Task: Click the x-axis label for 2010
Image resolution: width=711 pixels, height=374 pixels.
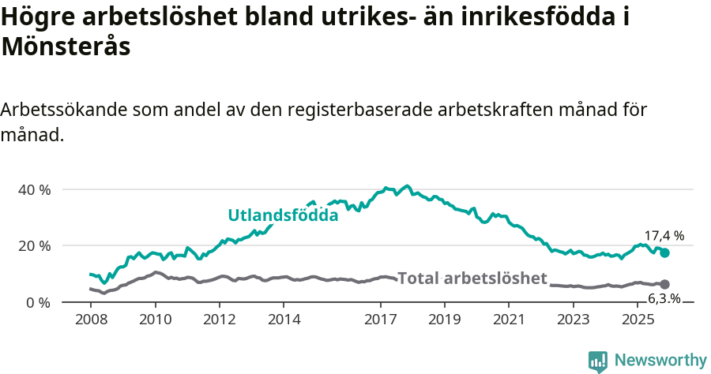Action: [x=155, y=320]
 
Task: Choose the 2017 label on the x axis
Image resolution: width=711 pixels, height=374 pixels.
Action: [x=381, y=320]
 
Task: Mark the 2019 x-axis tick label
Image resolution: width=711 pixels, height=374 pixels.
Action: [x=445, y=320]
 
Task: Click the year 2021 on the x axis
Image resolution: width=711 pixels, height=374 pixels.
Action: [x=510, y=320]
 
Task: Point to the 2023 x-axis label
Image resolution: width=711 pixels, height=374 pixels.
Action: [x=574, y=320]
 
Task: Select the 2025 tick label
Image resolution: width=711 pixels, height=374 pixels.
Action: [x=638, y=320]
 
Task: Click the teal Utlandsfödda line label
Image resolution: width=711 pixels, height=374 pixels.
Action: [x=283, y=215]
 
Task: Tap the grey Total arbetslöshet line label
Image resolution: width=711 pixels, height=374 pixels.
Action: [x=472, y=278]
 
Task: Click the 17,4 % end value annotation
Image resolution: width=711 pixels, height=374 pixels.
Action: [x=664, y=235]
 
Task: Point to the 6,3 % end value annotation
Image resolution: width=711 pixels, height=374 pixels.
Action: [x=664, y=298]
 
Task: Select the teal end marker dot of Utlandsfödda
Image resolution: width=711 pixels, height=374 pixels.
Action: [x=665, y=252]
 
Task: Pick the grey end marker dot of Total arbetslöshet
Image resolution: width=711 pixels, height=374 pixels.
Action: [x=665, y=284]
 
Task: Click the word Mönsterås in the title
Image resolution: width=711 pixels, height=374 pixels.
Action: [x=65, y=47]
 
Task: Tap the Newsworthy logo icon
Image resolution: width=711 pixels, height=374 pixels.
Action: [x=598, y=361]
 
